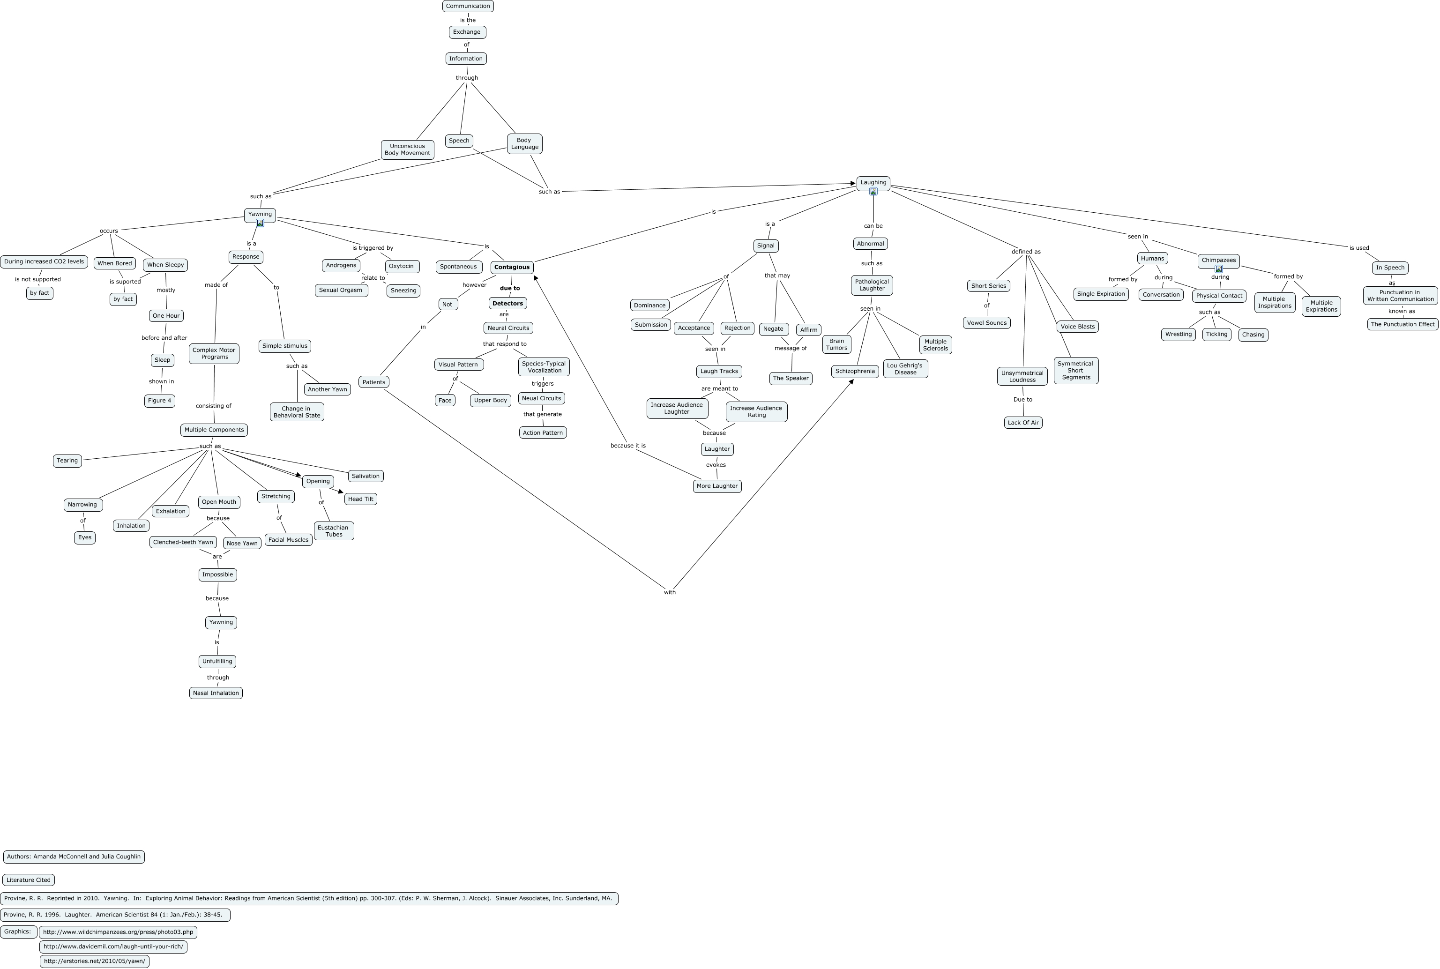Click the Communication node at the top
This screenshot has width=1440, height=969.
468,6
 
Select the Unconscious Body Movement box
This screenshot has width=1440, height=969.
407,149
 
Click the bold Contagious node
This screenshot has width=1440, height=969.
512,267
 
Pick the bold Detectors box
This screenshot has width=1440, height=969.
507,304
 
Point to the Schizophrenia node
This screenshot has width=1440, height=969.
855,372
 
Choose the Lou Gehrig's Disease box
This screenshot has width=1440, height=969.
905,369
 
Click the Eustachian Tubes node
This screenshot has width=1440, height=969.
334,531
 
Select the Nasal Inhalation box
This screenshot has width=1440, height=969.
216,693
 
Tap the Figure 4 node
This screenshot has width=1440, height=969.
159,401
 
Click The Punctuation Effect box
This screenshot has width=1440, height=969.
1403,324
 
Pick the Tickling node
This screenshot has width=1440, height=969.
1216,335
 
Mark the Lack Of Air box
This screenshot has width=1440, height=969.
1023,423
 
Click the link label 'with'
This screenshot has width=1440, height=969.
670,592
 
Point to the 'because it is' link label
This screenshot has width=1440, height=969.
628,446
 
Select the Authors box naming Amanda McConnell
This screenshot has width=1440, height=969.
74,857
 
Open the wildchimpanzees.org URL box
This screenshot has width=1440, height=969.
118,932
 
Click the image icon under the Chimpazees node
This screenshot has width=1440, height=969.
1219,269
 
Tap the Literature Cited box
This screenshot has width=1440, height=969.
29,880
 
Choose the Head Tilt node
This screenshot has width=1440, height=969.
360,499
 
